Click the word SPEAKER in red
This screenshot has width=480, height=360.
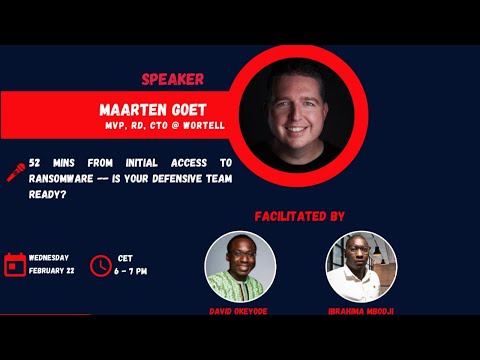coord(172,79)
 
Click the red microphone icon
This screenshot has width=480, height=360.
coord(16,172)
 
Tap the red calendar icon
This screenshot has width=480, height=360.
coord(14,264)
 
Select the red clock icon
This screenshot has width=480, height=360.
coord(101,264)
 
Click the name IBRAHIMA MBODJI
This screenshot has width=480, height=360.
coord(361,310)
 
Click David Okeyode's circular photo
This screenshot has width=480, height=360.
coord(240,267)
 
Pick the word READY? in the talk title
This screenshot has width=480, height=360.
coord(49,195)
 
